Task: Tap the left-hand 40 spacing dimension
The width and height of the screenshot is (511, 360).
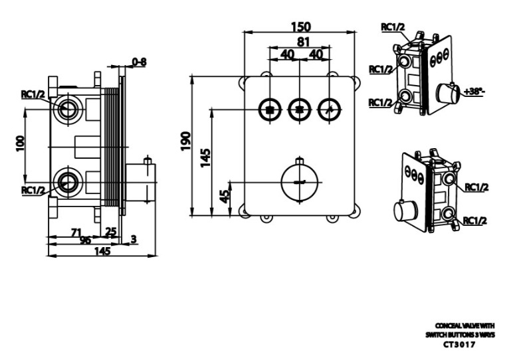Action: [286, 54]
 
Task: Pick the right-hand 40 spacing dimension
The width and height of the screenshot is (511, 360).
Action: [316, 54]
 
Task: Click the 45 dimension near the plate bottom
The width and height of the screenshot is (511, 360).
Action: [225, 196]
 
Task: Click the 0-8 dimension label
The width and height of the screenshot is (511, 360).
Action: [140, 62]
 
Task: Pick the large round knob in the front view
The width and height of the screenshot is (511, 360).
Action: [300, 181]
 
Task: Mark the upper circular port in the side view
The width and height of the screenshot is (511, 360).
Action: [67, 108]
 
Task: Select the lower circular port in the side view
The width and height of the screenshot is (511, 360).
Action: [67, 181]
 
